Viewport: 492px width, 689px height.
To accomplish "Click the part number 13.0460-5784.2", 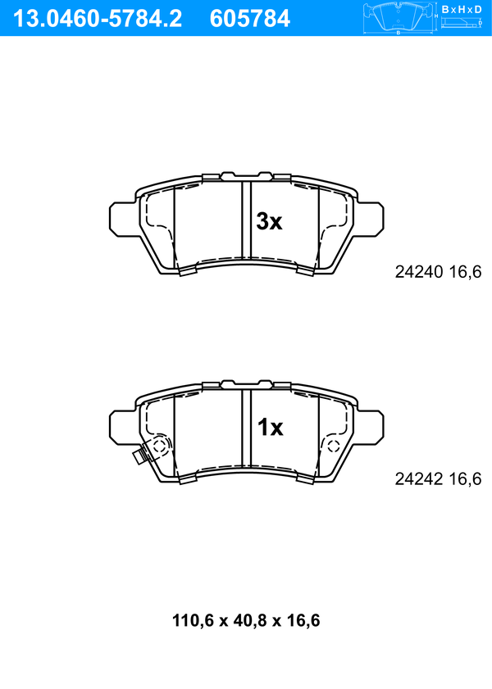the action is pos(98,19).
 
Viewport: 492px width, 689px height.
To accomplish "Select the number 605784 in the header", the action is pos(250,19).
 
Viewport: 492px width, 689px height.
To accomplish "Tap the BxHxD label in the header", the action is pos(462,9).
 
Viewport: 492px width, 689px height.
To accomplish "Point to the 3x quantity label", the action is pos(269,221).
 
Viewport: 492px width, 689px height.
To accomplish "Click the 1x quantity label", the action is pos(270,427).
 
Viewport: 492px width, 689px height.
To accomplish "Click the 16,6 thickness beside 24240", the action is pos(465,272).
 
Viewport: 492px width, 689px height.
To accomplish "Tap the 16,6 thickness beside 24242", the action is pos(465,478).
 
